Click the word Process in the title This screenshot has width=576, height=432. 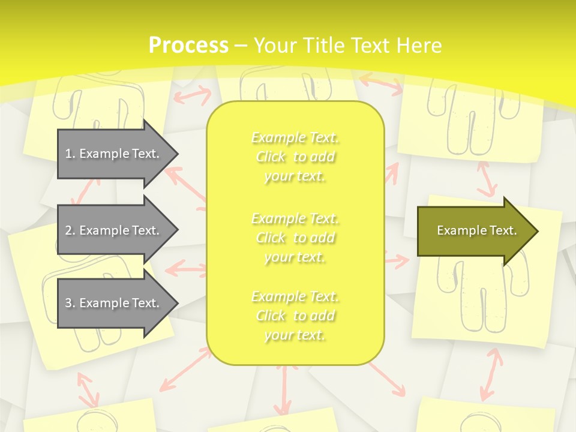[188, 45]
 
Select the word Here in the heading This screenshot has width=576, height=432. [420, 45]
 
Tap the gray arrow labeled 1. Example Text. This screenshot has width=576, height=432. [114, 154]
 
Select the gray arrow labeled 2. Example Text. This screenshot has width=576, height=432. [114, 230]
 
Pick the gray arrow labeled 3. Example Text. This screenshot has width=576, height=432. [114, 303]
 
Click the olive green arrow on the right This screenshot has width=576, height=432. [474, 230]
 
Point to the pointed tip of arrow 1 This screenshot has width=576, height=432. [177, 154]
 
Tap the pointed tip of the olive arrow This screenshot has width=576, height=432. [537, 230]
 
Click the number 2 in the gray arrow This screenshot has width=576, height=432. [68, 230]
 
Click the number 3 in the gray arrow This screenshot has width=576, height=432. [68, 303]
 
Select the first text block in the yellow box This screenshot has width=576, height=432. [295, 157]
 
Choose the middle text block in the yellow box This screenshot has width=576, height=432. [295, 238]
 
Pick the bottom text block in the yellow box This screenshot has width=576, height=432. [295, 316]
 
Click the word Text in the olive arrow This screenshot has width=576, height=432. [503, 230]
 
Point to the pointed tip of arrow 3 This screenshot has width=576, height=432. [177, 303]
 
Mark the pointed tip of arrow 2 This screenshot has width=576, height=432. [177, 230]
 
